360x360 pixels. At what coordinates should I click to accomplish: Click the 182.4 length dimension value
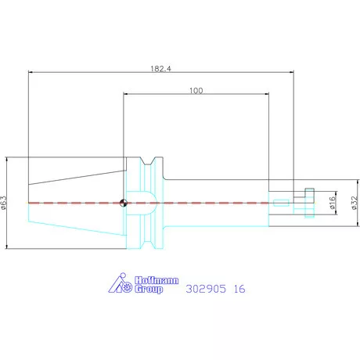(x=160, y=69)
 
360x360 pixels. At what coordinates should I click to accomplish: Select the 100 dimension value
(x=196, y=91)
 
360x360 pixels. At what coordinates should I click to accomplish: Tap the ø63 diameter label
(x=3, y=203)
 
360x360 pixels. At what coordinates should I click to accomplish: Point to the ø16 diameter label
(x=332, y=203)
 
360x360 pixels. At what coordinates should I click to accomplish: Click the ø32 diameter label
(x=354, y=203)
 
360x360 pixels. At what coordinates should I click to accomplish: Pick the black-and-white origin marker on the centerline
(x=124, y=203)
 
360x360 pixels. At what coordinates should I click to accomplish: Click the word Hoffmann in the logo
(x=157, y=280)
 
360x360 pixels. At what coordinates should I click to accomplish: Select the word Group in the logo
(x=149, y=289)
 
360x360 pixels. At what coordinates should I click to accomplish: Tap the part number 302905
(x=206, y=289)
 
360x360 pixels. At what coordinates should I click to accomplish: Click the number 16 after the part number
(x=239, y=289)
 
